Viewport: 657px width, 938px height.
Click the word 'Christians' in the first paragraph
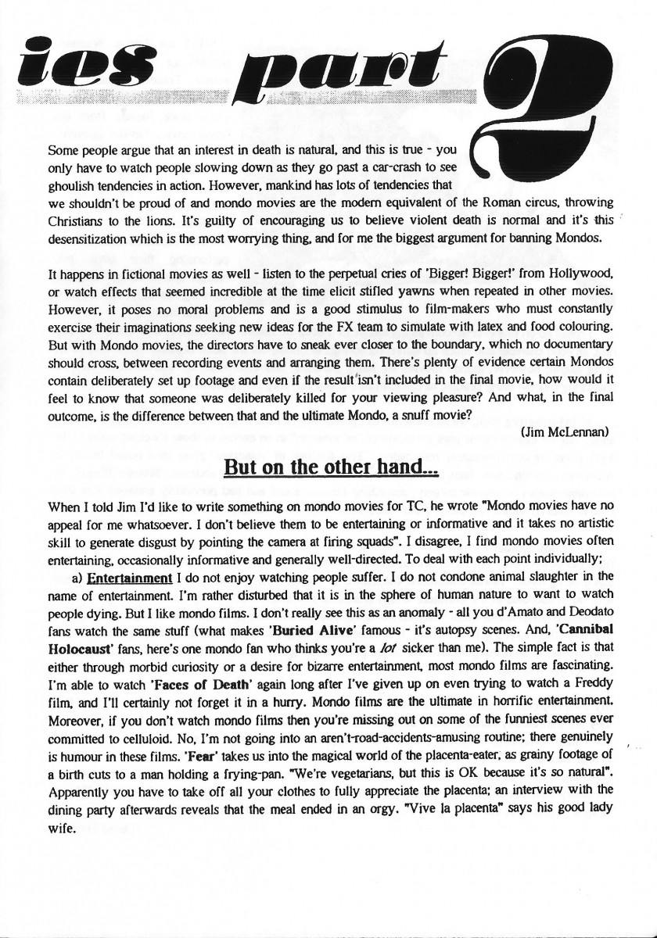point(80,221)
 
